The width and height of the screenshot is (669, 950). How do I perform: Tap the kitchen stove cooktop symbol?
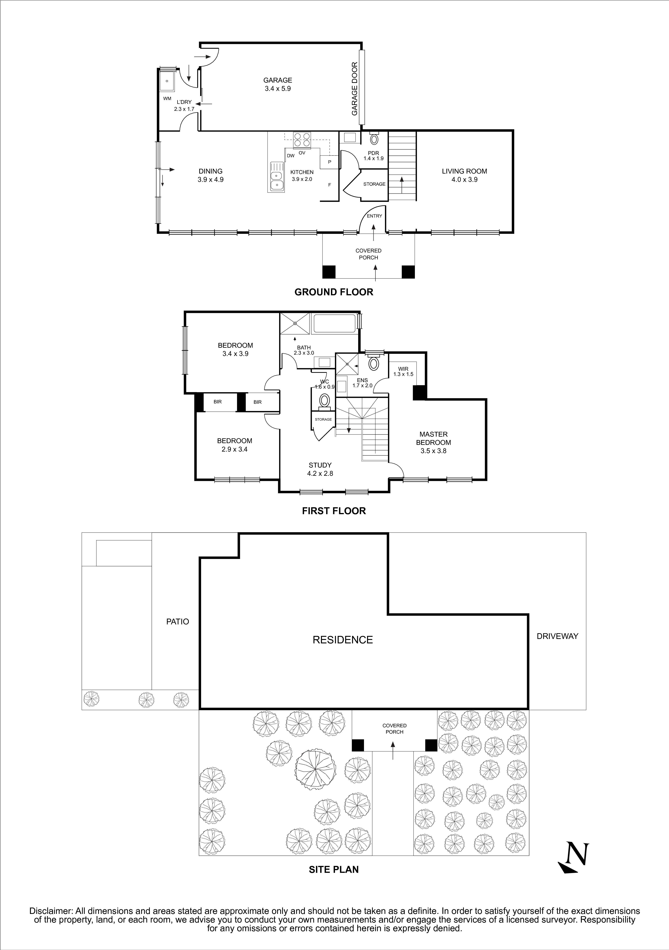pyautogui.click(x=302, y=140)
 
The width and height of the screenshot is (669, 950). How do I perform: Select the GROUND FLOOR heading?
pyautogui.click(x=334, y=292)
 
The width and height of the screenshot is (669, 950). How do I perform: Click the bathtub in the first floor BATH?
pyautogui.click(x=335, y=324)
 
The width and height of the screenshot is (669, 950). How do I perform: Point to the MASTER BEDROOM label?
pyautogui.click(x=434, y=438)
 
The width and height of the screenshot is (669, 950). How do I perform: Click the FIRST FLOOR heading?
pyautogui.click(x=334, y=511)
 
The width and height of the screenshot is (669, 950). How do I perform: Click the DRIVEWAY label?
pyautogui.click(x=557, y=636)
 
